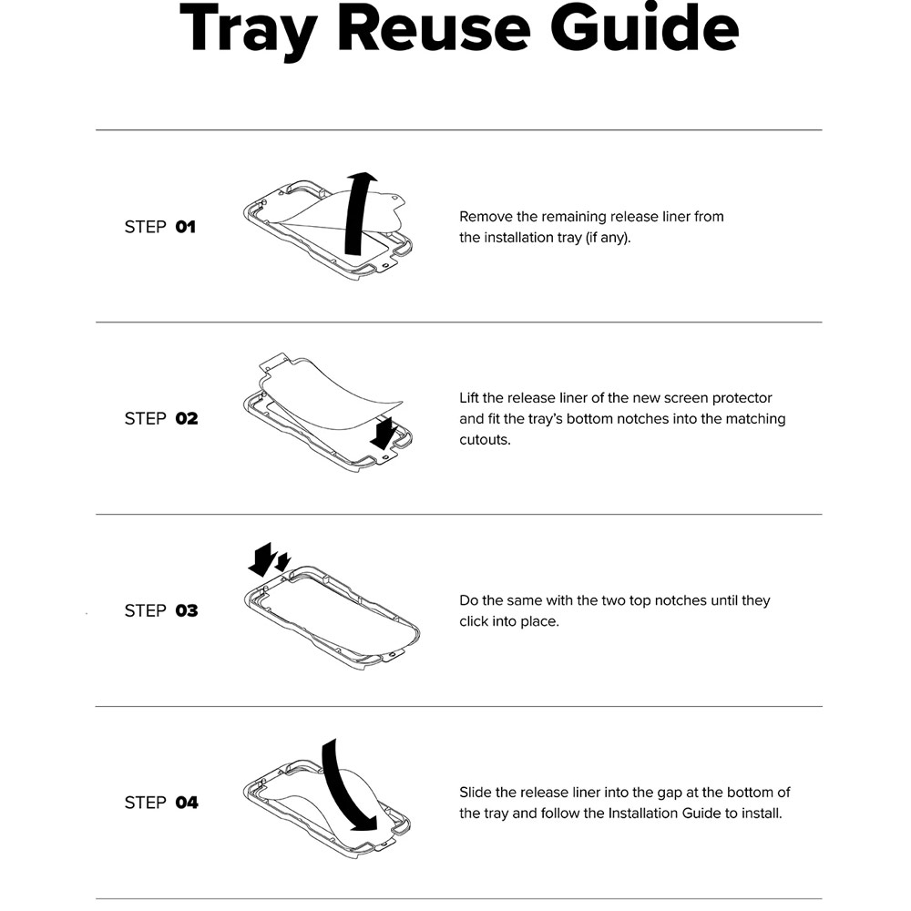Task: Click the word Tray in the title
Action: pyautogui.click(x=249, y=30)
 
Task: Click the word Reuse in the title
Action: pyautogui.click(x=434, y=28)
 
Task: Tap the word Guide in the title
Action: pyautogui.click(x=644, y=28)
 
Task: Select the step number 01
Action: pyautogui.click(x=185, y=227)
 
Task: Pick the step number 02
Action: pyautogui.click(x=187, y=418)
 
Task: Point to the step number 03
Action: pyautogui.click(x=187, y=610)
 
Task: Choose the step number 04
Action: pyautogui.click(x=187, y=803)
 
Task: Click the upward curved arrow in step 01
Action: pyautogui.click(x=355, y=215)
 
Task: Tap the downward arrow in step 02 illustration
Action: pyautogui.click(x=384, y=432)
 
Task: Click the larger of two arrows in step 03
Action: pyautogui.click(x=262, y=559)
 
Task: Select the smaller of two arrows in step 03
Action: pyautogui.click(x=283, y=562)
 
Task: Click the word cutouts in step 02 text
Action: pyautogui.click(x=485, y=440)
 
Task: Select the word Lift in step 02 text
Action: pyautogui.click(x=469, y=398)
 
